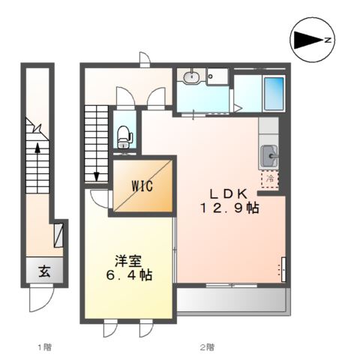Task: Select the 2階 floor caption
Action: tap(208, 346)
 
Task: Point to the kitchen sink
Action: tap(268, 156)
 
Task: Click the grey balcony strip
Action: tap(231, 301)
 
